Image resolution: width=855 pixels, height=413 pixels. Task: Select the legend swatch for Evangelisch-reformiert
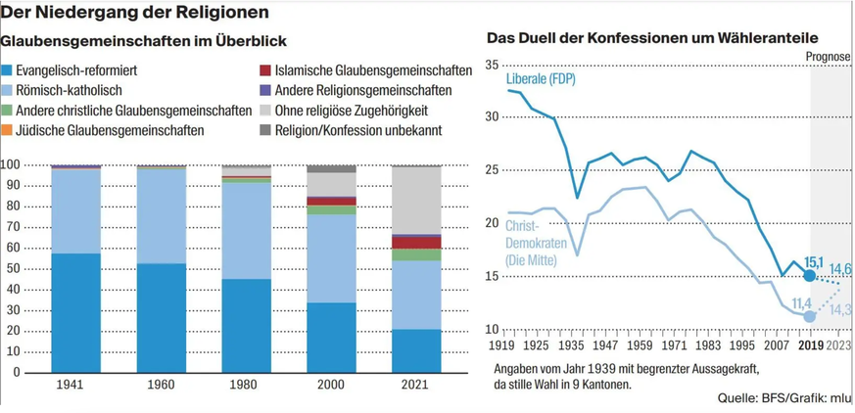tap(8, 70)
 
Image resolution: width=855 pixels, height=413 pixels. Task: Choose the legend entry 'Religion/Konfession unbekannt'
tap(357, 129)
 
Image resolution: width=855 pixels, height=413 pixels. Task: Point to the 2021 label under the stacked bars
tap(415, 386)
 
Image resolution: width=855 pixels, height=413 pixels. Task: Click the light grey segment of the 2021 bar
tap(415, 200)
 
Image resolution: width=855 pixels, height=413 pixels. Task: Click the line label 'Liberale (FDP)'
tap(542, 77)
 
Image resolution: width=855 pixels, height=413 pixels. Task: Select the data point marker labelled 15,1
tap(809, 276)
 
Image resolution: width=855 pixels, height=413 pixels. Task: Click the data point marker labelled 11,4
tap(809, 316)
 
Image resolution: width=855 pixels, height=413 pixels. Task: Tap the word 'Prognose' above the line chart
tap(829, 56)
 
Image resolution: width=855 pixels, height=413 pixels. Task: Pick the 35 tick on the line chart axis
tap(492, 68)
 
